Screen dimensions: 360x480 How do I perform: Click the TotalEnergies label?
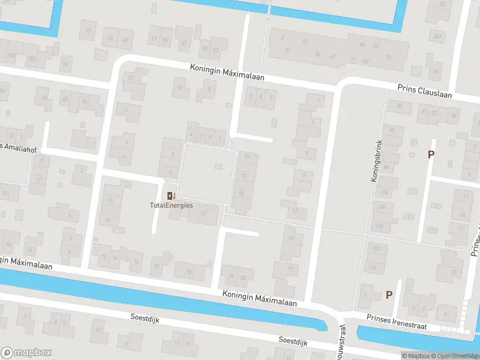coord(171,205)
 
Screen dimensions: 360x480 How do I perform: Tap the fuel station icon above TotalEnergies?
coord(171,195)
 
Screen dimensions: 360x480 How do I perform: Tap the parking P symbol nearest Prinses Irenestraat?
coord(389,295)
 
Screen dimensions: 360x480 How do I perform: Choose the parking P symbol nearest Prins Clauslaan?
coord(431,154)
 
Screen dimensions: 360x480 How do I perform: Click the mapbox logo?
coord(26,353)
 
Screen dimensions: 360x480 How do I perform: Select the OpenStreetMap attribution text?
coord(457,356)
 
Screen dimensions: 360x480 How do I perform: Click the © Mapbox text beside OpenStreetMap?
coord(415,356)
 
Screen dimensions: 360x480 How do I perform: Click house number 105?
coord(10,55)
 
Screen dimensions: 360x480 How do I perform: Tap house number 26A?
coord(438,36)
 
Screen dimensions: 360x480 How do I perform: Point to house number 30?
coord(400,106)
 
